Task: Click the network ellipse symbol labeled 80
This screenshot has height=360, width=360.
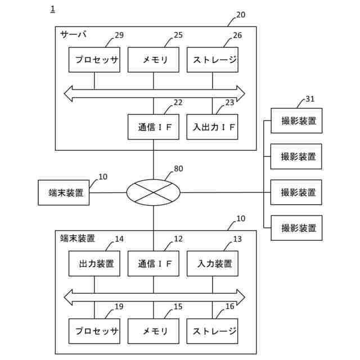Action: pos(153,192)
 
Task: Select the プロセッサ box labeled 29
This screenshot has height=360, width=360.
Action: pos(94,60)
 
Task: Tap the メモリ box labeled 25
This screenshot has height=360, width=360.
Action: pos(153,60)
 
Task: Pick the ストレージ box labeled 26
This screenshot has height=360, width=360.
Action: pos(212,60)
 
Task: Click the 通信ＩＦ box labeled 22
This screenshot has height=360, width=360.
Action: pos(153,127)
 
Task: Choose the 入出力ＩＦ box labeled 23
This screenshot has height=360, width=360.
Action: pos(212,127)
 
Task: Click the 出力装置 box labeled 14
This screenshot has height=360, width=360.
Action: pos(94,263)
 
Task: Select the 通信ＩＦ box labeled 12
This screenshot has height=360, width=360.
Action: pos(153,263)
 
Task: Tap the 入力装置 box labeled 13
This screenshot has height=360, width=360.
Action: pos(212,263)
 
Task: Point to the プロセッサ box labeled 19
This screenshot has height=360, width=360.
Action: pos(94,331)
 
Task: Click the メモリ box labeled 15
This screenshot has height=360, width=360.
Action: pos(153,331)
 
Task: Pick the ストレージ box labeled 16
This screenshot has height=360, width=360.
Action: pos(212,331)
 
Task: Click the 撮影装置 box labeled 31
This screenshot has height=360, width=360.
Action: pos(296,120)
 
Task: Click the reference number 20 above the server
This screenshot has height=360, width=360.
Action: pos(240,15)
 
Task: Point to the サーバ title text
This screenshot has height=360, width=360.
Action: pos(73,34)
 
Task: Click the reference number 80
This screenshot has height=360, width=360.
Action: pos(178,168)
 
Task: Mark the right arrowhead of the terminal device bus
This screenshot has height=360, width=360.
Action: pos(240,296)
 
